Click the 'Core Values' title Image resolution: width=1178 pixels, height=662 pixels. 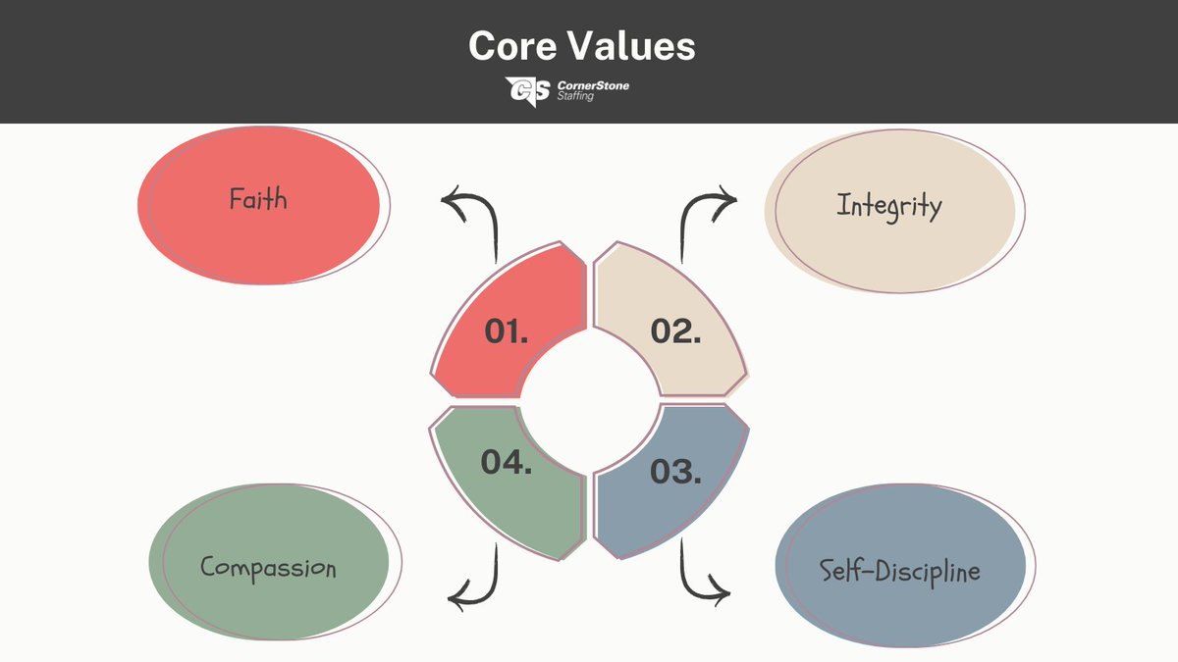pyautogui.click(x=581, y=47)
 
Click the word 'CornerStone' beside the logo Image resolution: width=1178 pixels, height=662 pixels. pyautogui.click(x=592, y=85)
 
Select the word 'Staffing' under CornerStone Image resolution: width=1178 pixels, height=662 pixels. pyautogui.click(x=575, y=97)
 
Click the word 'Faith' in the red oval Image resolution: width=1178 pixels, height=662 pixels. pyautogui.click(x=258, y=199)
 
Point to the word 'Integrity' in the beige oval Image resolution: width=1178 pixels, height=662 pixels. pyautogui.click(x=889, y=206)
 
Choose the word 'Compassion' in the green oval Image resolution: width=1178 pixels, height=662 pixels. pyautogui.click(x=268, y=567)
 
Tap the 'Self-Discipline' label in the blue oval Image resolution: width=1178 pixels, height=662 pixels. pyautogui.click(x=900, y=571)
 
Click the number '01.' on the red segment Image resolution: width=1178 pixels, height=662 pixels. pyautogui.click(x=507, y=331)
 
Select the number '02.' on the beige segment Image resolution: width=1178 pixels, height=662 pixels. pyautogui.click(x=675, y=331)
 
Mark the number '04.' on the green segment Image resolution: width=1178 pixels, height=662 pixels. pyautogui.click(x=507, y=461)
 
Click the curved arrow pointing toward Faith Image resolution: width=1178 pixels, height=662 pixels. pyautogui.click(x=471, y=218)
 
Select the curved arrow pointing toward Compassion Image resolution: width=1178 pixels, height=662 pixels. pyautogui.click(x=473, y=579)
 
